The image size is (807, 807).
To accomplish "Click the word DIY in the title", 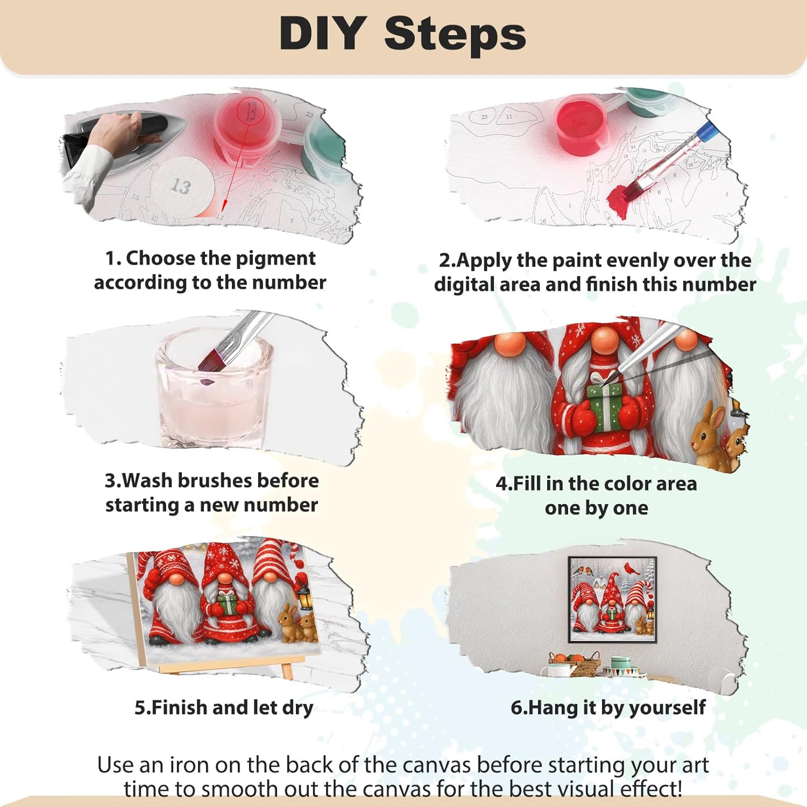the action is [323, 33].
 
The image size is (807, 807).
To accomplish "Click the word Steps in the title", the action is [455, 33].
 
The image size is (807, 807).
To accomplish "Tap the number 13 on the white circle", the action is [181, 186].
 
